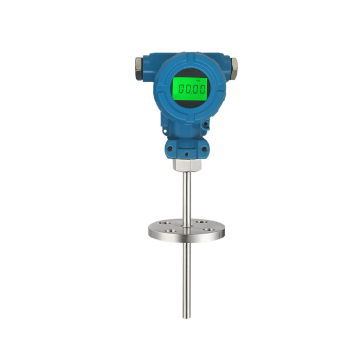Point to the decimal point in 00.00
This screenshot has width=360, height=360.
[190, 93]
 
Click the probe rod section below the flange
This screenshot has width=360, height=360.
[185, 279]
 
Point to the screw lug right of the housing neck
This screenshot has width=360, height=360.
[206, 124]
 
